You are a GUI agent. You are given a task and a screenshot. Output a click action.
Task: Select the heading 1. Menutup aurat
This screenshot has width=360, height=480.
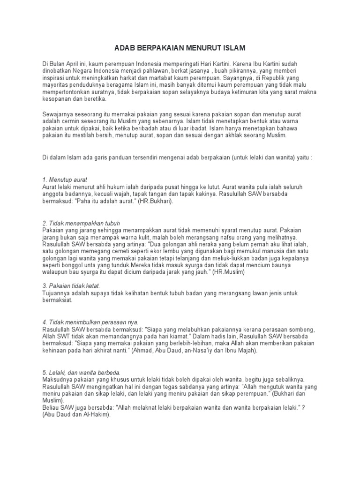(64, 180)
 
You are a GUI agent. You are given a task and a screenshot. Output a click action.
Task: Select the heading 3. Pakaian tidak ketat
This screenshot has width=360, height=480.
(71, 286)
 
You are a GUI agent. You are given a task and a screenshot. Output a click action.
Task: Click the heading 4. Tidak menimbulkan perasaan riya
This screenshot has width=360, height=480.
(90, 322)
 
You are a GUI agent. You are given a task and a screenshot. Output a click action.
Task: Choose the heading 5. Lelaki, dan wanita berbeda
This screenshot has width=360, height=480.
(82, 372)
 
